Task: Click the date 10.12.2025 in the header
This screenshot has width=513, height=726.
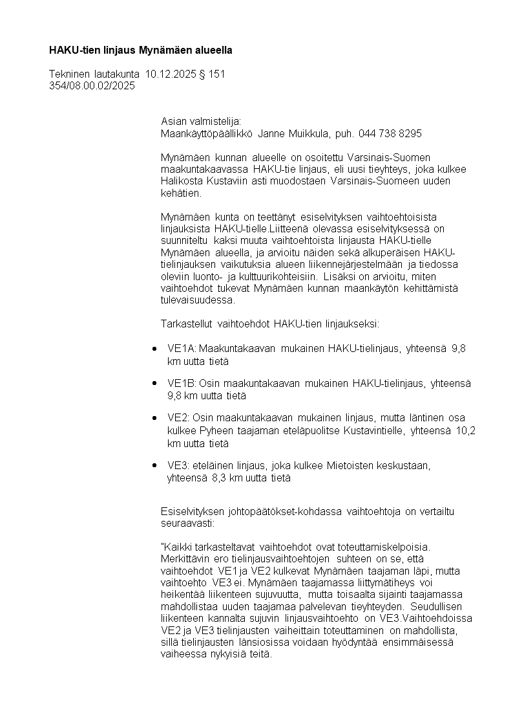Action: [169, 74]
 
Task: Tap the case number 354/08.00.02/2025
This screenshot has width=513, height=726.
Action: [92, 85]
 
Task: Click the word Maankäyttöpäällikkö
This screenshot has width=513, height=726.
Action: [207, 133]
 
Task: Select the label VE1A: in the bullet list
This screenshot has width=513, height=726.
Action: [182, 349]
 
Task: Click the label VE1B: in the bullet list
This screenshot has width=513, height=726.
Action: [182, 384]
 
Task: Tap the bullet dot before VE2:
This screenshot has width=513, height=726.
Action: [154, 418]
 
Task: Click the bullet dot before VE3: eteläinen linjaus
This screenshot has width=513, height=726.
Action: [154, 465]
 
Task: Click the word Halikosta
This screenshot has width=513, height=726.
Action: [182, 181]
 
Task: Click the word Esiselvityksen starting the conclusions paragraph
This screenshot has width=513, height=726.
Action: [193, 512]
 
